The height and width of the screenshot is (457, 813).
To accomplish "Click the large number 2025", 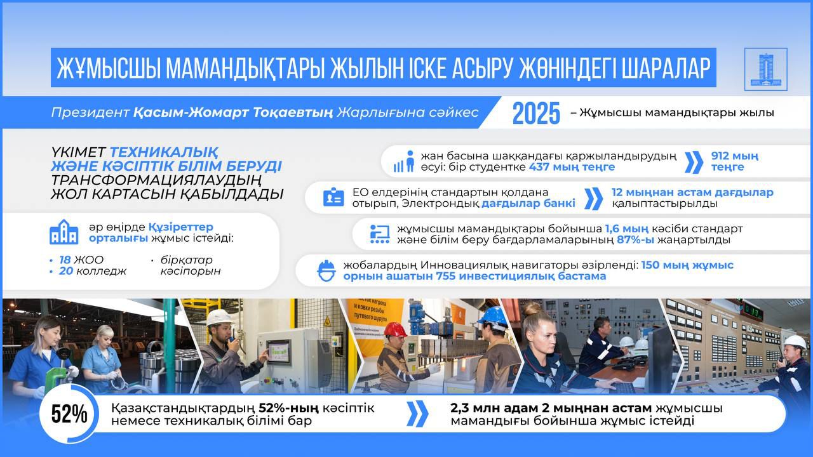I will click(536, 114).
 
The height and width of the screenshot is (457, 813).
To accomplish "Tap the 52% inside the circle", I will click(69, 414).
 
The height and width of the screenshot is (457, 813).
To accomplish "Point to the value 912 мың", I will click(735, 156).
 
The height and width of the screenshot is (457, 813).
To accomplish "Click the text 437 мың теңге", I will click(572, 167).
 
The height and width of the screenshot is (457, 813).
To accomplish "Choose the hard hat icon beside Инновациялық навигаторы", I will click(326, 270).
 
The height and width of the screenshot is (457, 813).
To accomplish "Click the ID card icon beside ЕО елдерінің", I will click(333, 197).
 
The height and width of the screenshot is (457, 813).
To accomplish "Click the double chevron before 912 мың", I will click(694, 162).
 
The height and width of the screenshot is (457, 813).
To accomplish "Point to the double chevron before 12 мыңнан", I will click(593, 198).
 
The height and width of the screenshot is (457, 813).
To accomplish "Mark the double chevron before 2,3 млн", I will click(417, 414).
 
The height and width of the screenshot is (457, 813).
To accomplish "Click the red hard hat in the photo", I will click(395, 329).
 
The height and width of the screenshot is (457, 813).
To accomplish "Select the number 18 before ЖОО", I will click(65, 260).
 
